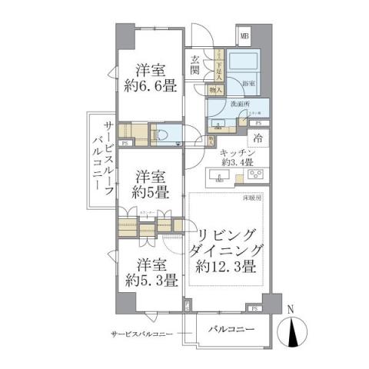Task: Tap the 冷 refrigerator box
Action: point(260,138)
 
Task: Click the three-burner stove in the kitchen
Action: point(256,176)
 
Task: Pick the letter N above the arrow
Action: point(289,311)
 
